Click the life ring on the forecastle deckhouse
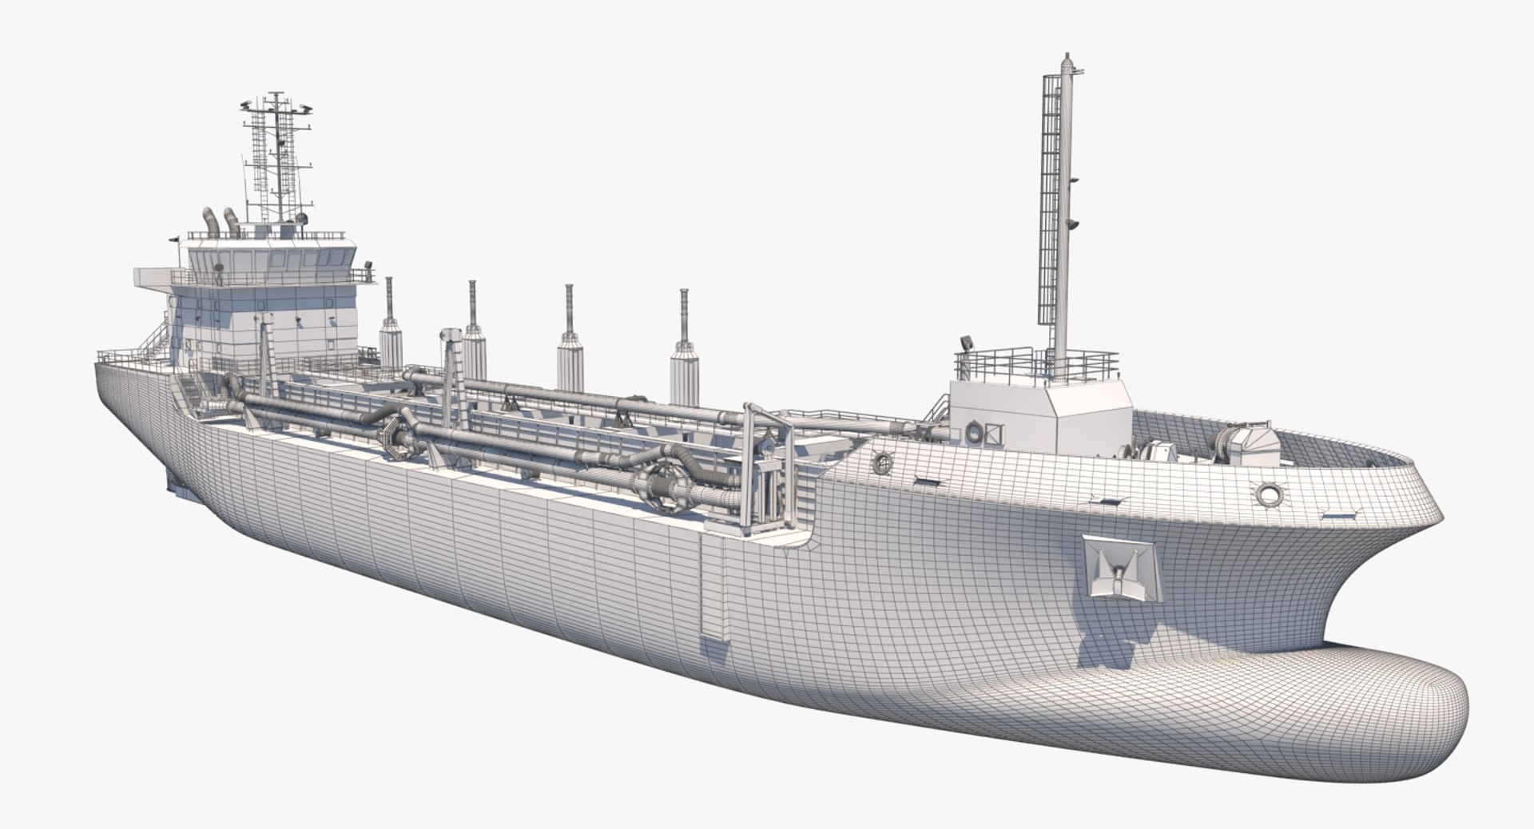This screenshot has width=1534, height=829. [975, 433]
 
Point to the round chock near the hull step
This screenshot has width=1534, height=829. [883, 462]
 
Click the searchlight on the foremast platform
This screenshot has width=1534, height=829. [967, 344]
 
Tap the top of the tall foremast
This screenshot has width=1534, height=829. [1065, 58]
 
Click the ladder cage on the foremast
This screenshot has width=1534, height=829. [1050, 208]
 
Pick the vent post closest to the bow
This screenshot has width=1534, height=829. [685, 351]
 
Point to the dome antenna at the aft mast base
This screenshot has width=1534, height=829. [301, 218]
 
